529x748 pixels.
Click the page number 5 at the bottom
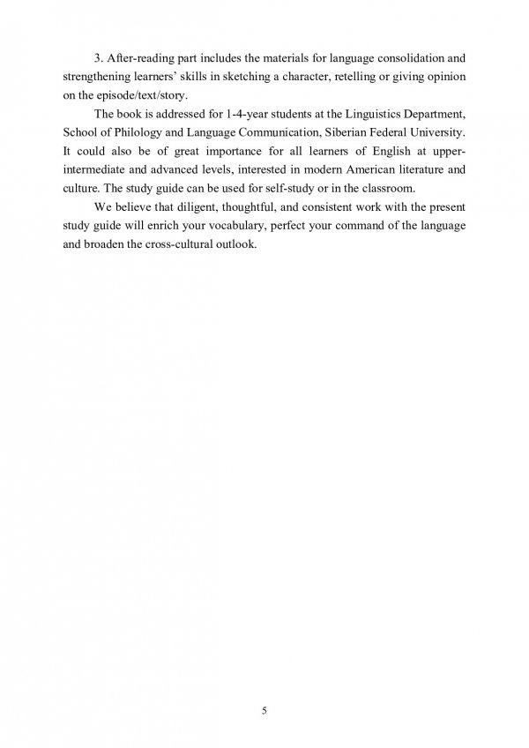coord(264,684)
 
